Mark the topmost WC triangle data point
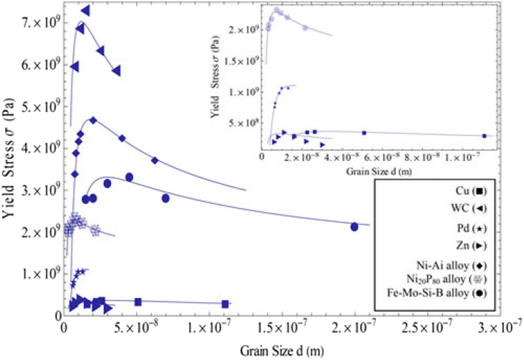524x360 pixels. pos(85,11)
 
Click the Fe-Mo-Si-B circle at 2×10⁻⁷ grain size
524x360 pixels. pos(355,226)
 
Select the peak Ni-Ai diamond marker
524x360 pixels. pos(93,121)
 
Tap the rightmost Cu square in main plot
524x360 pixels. pos(225,304)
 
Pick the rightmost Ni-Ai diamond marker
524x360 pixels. pos(155,160)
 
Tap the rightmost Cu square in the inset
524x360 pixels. pos(484,136)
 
